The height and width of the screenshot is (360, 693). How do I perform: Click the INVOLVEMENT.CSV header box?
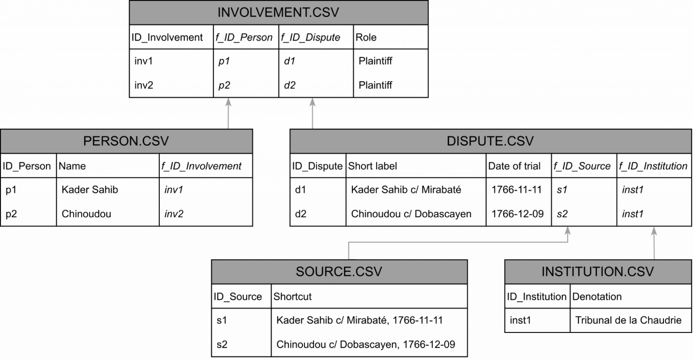tap(278, 13)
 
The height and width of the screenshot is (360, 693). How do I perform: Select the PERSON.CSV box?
tap(126, 141)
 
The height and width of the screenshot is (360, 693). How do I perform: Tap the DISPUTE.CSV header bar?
tap(490, 141)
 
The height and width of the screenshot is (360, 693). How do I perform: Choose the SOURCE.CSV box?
tap(339, 272)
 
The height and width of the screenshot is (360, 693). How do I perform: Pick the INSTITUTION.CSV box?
tap(598, 272)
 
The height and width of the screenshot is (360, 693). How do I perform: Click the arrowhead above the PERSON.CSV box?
tap(228, 103)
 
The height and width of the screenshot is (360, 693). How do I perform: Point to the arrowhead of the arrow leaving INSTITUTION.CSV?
tap(654, 232)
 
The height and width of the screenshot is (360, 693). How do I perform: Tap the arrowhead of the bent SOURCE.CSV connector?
tap(568, 231)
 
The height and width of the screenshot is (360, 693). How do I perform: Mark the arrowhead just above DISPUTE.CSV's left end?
tap(312, 103)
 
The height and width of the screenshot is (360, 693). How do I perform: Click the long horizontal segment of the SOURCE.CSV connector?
tap(458, 242)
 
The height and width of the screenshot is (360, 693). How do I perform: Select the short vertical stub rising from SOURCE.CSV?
tap(349, 251)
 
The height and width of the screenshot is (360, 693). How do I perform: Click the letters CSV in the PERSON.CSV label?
tap(155, 141)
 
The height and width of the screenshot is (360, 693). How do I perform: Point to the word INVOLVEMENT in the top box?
tap(261, 13)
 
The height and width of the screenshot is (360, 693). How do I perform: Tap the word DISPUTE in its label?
tap(474, 141)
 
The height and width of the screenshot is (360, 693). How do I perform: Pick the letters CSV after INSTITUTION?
tap(641, 272)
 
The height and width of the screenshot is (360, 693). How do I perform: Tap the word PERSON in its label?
tap(110, 141)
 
